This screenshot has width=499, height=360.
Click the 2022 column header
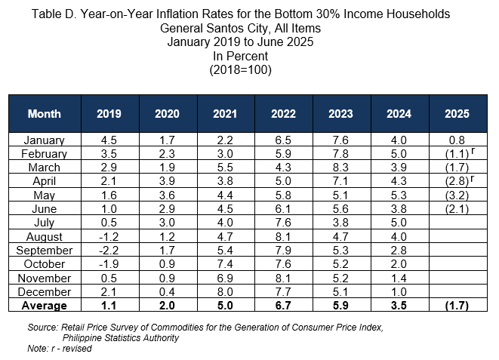point(283,114)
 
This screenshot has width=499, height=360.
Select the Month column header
point(45,114)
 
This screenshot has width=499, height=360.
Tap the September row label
point(45,251)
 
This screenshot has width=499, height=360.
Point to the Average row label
point(45,306)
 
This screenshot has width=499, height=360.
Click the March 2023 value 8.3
point(340,168)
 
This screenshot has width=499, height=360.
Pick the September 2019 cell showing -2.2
point(109,251)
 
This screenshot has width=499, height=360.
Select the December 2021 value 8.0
point(225,291)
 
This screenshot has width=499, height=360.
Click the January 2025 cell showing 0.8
point(457,140)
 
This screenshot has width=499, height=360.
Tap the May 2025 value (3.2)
point(457,195)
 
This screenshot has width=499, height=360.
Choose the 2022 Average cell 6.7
point(283,306)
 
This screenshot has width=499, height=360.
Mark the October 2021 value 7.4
point(225,264)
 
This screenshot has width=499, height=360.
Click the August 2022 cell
point(283,237)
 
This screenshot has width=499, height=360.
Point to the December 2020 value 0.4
point(167,291)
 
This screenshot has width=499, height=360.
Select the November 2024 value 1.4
point(399,278)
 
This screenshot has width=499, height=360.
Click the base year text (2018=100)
point(241,69)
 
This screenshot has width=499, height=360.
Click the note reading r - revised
point(71,348)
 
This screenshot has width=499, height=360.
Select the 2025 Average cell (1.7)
point(457,306)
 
